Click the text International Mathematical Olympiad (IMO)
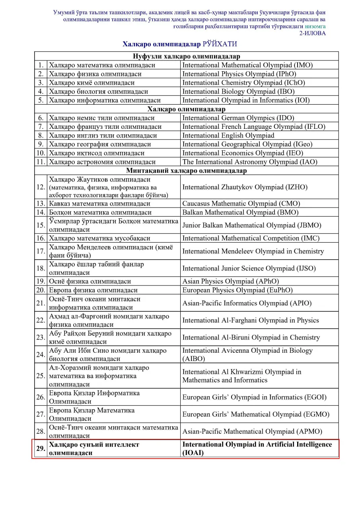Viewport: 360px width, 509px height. pos(247,65)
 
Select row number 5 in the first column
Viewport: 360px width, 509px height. pos(41,100)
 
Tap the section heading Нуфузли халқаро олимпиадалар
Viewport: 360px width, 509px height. pos(186,56)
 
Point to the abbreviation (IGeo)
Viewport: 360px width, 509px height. pos(303,144)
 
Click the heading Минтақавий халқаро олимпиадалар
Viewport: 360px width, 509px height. pos(186,171)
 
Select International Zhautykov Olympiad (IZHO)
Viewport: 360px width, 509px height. pos(245,187)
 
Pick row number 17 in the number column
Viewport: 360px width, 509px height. pos(41,251)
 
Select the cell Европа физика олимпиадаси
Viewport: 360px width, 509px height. pos(93,290)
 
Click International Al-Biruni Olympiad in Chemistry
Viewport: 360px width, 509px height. pos(251,338)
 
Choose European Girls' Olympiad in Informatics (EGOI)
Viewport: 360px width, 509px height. pos(254,397)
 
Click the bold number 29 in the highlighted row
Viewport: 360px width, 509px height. pos(41,449)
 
